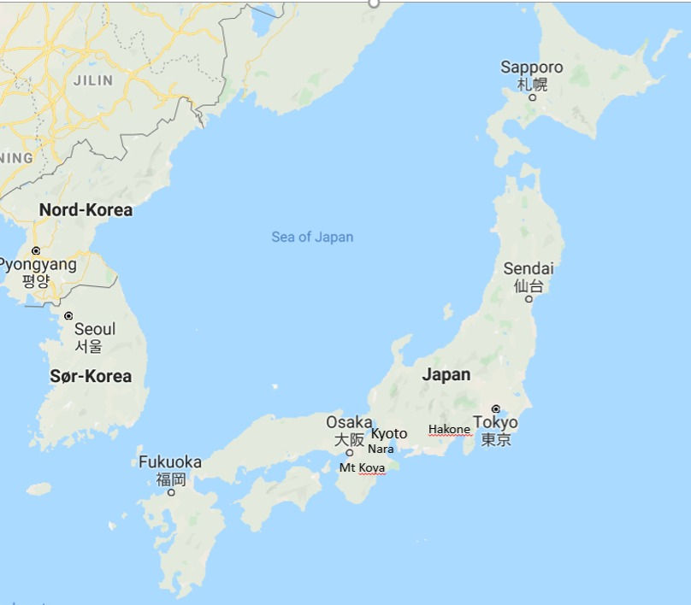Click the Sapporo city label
[532, 68]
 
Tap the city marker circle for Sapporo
[532, 97]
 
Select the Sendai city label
[529, 269]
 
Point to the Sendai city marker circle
[529, 299]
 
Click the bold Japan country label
[446, 374]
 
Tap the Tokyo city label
[495, 423]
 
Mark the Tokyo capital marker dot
[495, 408]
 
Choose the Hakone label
[449, 430]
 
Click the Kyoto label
[389, 434]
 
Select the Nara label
[381, 449]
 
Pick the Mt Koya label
[362, 467]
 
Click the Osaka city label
[349, 422]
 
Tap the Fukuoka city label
[170, 462]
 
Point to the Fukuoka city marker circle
[171, 492]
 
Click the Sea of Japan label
[312, 237]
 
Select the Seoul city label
[94, 329]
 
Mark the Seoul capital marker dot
[68, 316]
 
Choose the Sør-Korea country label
[91, 376]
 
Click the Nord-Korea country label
[86, 209]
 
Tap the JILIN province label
[93, 81]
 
